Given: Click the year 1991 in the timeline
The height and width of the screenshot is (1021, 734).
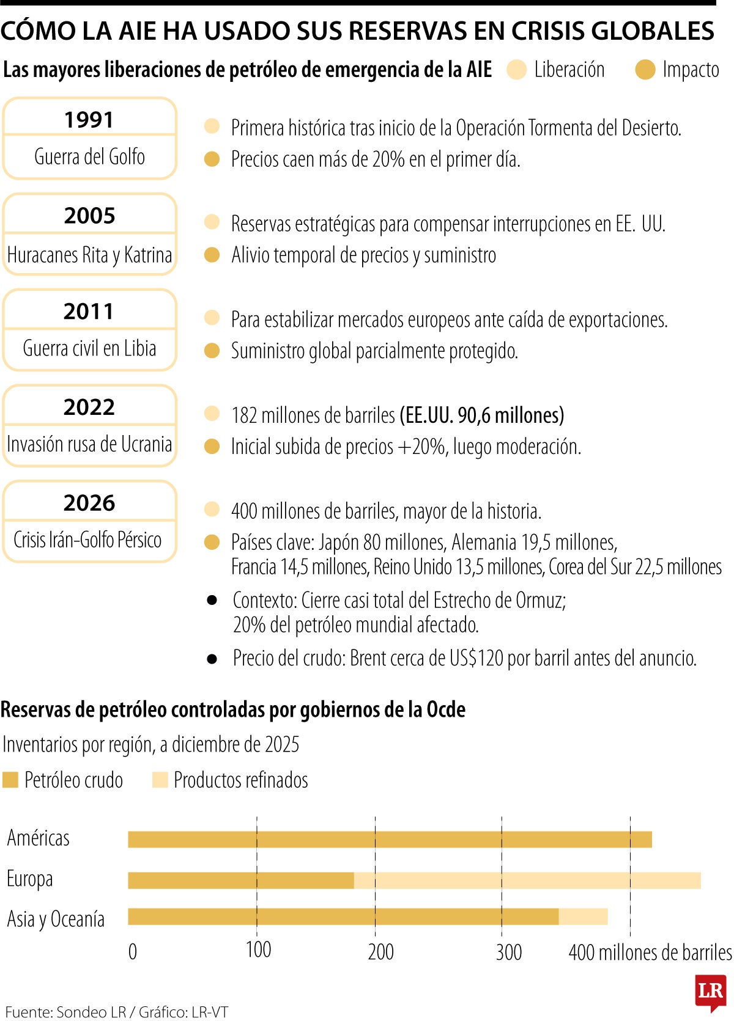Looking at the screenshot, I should (89, 120).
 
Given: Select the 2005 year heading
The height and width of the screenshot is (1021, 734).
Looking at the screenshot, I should (89, 216).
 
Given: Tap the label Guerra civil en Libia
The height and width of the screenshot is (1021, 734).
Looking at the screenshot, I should (89, 348).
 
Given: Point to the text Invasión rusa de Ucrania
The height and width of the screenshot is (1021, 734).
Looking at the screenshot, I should (89, 444).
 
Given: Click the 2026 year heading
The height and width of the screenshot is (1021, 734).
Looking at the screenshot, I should (89, 503).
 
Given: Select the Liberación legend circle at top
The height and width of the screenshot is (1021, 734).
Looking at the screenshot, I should (517, 70).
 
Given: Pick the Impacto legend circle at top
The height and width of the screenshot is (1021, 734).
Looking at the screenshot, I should (645, 70).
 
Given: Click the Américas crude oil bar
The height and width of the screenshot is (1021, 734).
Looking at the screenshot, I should (390, 840).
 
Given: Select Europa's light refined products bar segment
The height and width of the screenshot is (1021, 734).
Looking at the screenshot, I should (527, 880).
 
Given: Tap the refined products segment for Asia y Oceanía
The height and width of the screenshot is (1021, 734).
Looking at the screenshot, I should (583, 917).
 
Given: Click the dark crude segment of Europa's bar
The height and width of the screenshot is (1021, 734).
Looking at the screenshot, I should (241, 880).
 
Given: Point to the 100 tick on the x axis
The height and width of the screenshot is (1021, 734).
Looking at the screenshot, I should (258, 950).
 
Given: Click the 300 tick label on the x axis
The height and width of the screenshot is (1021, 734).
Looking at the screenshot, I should (509, 952).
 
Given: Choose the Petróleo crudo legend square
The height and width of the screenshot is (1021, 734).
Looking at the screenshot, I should (10, 780).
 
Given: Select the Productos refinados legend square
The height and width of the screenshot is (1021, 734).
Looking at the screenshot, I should (160, 780).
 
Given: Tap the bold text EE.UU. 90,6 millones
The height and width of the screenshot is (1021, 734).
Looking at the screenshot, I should (482, 415).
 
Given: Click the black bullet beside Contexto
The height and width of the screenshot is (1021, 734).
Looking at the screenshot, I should (212, 600).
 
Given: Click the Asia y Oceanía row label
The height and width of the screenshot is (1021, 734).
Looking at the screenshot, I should (56, 919).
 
